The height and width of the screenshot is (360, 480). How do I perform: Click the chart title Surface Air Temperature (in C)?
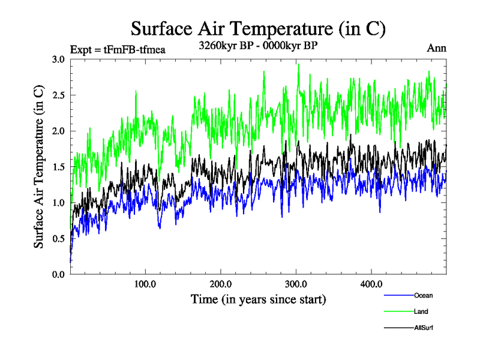click(x=257, y=28)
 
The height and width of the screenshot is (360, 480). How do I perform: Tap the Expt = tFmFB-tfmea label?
click(x=118, y=49)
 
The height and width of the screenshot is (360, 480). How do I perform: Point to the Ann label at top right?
click(x=436, y=48)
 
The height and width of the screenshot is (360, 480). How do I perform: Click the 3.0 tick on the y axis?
click(x=58, y=59)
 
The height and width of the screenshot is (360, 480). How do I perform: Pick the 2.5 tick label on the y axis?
click(x=58, y=95)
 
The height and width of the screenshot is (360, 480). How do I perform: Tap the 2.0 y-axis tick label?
click(x=58, y=131)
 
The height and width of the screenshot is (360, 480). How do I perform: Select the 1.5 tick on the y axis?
click(x=58, y=167)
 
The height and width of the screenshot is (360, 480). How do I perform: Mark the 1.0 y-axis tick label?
click(x=58, y=202)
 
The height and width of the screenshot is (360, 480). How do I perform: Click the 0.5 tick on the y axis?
click(x=58, y=238)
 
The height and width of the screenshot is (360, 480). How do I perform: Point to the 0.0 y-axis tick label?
click(x=58, y=274)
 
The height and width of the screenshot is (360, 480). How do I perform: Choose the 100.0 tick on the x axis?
click(x=145, y=284)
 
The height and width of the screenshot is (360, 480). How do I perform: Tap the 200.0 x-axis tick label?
click(x=221, y=284)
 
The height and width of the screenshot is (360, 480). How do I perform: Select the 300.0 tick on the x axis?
click(x=296, y=284)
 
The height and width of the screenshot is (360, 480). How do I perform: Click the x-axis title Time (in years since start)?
click(x=258, y=299)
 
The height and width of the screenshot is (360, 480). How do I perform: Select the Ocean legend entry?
click(x=423, y=295)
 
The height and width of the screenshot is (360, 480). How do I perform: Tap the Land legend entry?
click(x=421, y=311)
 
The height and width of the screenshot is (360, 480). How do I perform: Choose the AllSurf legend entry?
click(x=423, y=328)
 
